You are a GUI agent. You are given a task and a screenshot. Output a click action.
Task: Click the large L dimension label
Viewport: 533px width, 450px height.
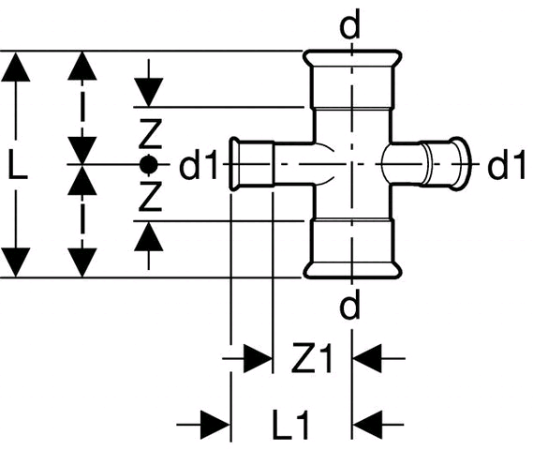pos(18,165)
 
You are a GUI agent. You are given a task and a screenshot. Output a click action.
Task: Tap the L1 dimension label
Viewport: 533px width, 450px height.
pos(291,425)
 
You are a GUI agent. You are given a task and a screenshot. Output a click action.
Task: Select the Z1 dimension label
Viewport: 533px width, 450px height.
pos(311,358)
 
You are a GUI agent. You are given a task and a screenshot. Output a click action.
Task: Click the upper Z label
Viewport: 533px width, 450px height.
pos(150,134)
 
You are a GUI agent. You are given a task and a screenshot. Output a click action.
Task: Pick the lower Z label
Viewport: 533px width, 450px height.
pos(150,196)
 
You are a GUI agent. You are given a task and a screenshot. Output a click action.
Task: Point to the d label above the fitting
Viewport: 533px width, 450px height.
pos(349,23)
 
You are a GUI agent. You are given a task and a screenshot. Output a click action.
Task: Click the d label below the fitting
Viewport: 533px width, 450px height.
pos(349,304)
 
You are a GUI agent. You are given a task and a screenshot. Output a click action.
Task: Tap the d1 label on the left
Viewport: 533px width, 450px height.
pos(199,164)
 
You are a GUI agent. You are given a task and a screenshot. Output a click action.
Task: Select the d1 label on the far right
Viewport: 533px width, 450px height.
pos(507,164)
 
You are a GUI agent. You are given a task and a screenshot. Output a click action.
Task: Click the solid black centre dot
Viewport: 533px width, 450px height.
pos(149,165)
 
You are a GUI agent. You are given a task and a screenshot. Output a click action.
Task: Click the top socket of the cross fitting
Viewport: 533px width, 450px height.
pos(352,79)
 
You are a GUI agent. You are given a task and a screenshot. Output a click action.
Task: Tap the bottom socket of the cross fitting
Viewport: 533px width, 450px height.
pos(352,249)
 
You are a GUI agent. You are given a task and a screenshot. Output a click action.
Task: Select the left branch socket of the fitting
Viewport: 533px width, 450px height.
pos(252,164)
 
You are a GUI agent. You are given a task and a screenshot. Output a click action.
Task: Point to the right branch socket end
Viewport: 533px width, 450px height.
pos(446,164)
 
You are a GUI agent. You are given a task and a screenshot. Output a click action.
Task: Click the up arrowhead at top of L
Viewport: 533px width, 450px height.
pos(15,67)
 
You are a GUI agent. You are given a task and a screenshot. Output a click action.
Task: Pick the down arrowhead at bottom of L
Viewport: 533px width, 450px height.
pos(15,262)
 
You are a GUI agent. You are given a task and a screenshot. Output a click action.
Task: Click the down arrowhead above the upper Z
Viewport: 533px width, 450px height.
pos(149,92)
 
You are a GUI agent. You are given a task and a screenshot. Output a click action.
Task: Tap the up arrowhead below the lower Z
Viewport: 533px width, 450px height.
pos(149,236)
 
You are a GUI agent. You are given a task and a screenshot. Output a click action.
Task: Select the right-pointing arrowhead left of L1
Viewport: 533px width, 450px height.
pos(215,425)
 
